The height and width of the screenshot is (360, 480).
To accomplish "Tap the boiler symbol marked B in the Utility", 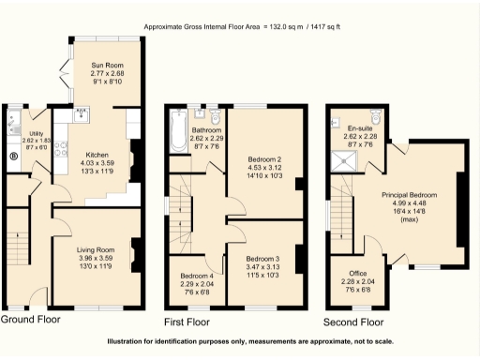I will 13,157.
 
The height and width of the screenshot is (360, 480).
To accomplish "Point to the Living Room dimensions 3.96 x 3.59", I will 96,258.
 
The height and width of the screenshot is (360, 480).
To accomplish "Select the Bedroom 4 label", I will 197,276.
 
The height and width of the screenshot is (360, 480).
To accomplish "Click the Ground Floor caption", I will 30,320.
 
